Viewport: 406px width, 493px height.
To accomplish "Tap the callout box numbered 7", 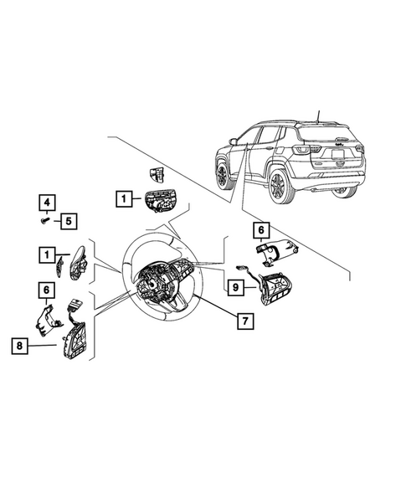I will [x=245, y=321].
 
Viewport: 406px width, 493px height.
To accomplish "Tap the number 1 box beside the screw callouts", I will [x=123, y=198].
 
